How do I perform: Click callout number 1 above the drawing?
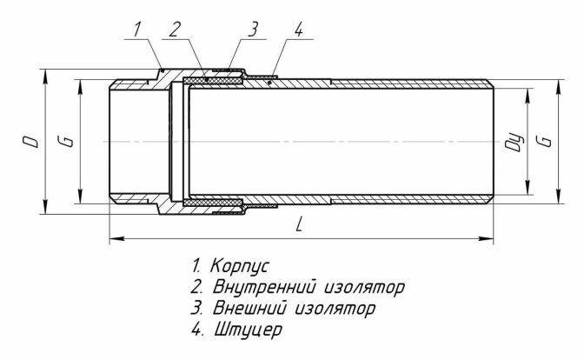click(x=137, y=30)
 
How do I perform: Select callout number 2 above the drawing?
click(x=175, y=30)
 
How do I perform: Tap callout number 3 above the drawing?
click(x=253, y=30)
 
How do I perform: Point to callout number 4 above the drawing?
click(x=298, y=30)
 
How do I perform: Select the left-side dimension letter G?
click(x=66, y=141)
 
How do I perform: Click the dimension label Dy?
click(x=514, y=142)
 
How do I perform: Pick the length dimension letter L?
click(x=299, y=224)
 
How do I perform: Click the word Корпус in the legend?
click(x=240, y=266)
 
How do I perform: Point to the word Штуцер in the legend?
click(x=248, y=330)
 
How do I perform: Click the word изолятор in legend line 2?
click(x=365, y=288)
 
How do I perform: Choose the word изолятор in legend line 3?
click(x=335, y=309)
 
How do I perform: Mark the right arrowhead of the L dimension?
click(x=487, y=238)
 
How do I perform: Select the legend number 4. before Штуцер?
click(x=197, y=330)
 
